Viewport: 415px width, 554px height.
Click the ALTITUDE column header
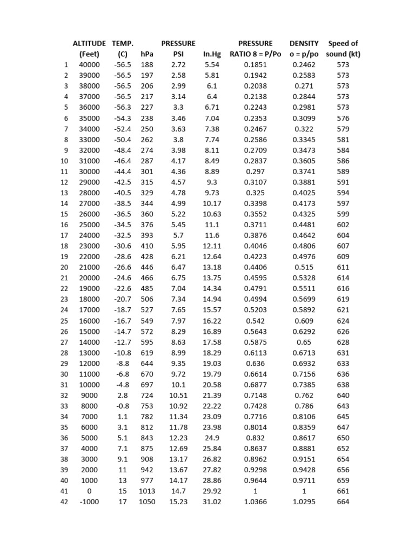click(x=90, y=43)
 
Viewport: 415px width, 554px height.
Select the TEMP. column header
click(x=123, y=43)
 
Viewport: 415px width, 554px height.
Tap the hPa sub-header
click(x=146, y=54)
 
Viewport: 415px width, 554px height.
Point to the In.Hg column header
click(x=212, y=54)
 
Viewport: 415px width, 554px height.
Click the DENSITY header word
click(x=304, y=43)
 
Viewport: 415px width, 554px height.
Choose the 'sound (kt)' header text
click(x=343, y=54)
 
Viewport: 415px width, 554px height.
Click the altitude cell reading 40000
click(x=90, y=65)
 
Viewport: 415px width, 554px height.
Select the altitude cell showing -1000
click(x=90, y=502)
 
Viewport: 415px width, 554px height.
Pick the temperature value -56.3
click(x=123, y=107)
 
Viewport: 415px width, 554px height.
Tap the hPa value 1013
click(x=146, y=491)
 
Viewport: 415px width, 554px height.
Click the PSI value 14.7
click(x=178, y=491)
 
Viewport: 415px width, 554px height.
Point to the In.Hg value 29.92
click(x=212, y=491)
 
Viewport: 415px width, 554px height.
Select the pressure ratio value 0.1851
click(x=256, y=65)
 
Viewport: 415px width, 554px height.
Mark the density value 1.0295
click(x=304, y=502)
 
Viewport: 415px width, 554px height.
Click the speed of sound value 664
click(x=343, y=502)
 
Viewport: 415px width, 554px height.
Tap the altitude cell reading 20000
click(x=90, y=278)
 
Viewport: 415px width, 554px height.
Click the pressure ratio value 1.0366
click(x=256, y=502)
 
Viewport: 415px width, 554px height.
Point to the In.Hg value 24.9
click(x=212, y=438)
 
